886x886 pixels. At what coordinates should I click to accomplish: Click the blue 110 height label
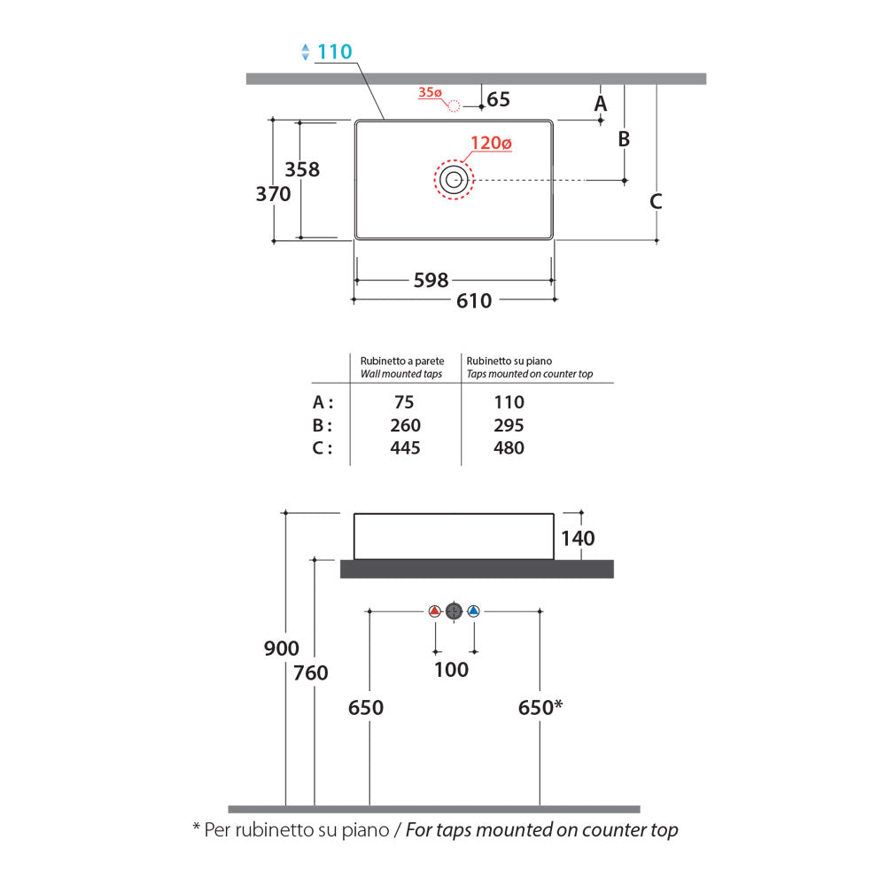point(335,52)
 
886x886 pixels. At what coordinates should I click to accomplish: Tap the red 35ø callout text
point(430,92)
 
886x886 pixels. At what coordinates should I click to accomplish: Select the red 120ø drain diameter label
point(491,143)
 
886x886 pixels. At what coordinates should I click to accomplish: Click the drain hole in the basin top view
point(454,180)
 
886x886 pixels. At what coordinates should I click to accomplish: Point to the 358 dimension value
point(302,169)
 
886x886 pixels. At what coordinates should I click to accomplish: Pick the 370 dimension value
point(274,194)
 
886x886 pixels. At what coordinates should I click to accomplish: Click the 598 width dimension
point(431,280)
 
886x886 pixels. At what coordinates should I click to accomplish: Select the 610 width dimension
point(474,301)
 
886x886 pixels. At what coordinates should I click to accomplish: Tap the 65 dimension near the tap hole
point(498,99)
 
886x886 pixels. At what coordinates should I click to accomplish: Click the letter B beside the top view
point(624,139)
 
